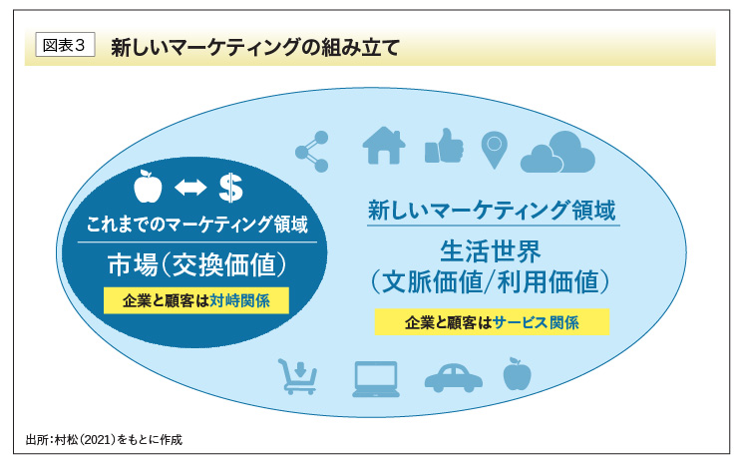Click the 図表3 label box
tap(65, 47)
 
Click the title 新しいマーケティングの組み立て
tap(254, 47)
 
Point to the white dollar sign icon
tap(230, 187)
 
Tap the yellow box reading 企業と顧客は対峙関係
tap(195, 299)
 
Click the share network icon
tap(312, 151)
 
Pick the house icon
tap(383, 146)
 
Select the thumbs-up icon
tap(444, 147)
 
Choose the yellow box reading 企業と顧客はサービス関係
tap(492, 322)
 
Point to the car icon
tap(453, 377)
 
